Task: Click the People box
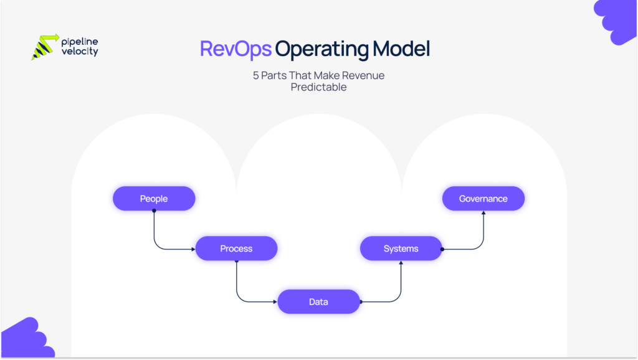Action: coord(154,199)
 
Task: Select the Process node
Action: coord(236,249)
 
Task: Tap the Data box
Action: coord(318,301)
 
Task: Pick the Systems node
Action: coord(401,249)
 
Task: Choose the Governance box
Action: coord(483,199)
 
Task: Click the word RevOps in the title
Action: coord(236,49)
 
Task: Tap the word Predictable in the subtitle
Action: coord(318,87)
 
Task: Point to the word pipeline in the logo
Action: coord(80,42)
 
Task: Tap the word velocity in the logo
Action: coord(80,52)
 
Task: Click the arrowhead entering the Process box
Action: coord(193,249)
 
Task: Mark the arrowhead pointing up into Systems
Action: coord(401,263)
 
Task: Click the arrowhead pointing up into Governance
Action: coord(483,212)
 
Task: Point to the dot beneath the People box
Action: coord(154,211)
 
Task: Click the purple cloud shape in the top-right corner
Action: coord(617,20)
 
